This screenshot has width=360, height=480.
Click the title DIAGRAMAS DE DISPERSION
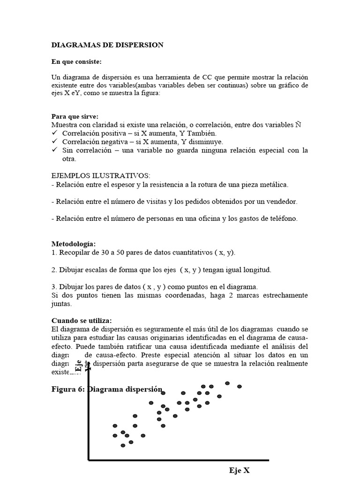click(107, 45)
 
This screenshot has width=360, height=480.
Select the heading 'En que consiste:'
click(76, 62)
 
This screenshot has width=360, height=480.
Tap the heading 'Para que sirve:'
click(75, 116)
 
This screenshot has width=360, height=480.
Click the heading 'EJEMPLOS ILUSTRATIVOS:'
click(100, 175)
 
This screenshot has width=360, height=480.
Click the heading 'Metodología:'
click(73, 244)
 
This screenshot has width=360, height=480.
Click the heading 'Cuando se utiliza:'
click(81, 321)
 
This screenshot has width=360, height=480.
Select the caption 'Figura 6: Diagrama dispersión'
click(106, 389)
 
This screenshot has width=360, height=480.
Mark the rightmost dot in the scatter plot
click(240, 386)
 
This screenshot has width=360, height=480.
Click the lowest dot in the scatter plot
click(123, 445)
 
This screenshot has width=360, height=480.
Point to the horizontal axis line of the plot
click(178, 460)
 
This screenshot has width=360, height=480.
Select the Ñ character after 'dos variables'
click(298, 125)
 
